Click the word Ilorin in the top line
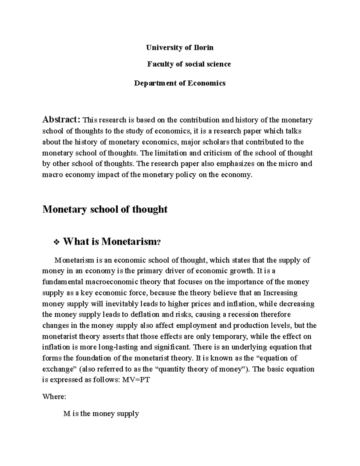tap(204, 47)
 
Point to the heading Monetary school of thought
tap(105, 209)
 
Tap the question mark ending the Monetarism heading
tap(159, 242)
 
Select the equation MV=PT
tap(136, 380)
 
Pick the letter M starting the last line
tap(67, 414)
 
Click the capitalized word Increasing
tap(280, 293)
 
